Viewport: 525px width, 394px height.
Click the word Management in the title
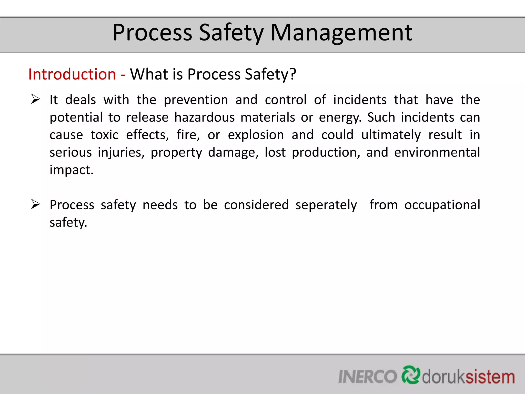(341, 33)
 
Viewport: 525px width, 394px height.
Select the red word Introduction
(72, 74)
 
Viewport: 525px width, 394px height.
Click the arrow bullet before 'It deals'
(35, 99)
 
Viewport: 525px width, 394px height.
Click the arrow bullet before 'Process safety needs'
(35, 204)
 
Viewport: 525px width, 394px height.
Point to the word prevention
(196, 100)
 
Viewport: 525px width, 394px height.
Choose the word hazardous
(205, 117)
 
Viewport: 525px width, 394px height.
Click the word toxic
(105, 135)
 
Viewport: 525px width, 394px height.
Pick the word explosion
(256, 135)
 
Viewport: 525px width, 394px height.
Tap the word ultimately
(391, 135)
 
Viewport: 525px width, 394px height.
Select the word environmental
(437, 152)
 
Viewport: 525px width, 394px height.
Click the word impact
(72, 170)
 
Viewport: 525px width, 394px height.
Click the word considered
(256, 205)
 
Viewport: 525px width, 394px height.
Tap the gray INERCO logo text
(368, 377)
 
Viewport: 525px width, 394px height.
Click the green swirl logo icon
(411, 375)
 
